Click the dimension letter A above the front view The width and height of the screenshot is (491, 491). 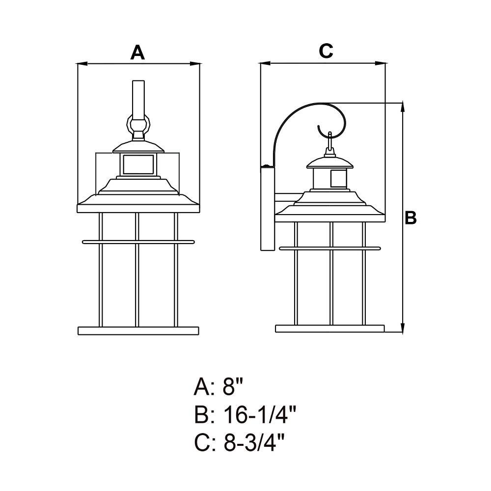click(x=137, y=53)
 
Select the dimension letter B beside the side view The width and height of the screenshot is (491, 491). click(x=410, y=218)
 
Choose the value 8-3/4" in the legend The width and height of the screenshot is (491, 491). click(x=254, y=442)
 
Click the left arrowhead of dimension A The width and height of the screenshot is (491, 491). click(x=82, y=64)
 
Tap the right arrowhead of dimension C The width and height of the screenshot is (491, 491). click(x=380, y=63)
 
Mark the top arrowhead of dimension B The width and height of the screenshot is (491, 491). click(x=403, y=108)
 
